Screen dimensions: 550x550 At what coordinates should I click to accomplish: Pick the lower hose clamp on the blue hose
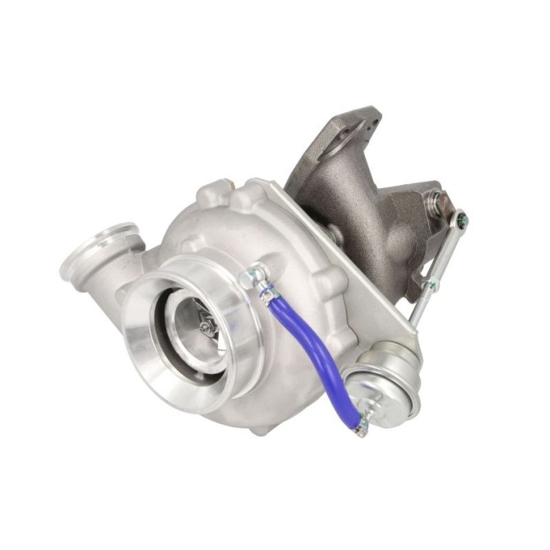point(358,425)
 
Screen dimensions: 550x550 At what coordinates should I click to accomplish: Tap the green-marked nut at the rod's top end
point(462,219)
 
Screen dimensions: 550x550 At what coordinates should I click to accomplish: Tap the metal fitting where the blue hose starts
point(252,275)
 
